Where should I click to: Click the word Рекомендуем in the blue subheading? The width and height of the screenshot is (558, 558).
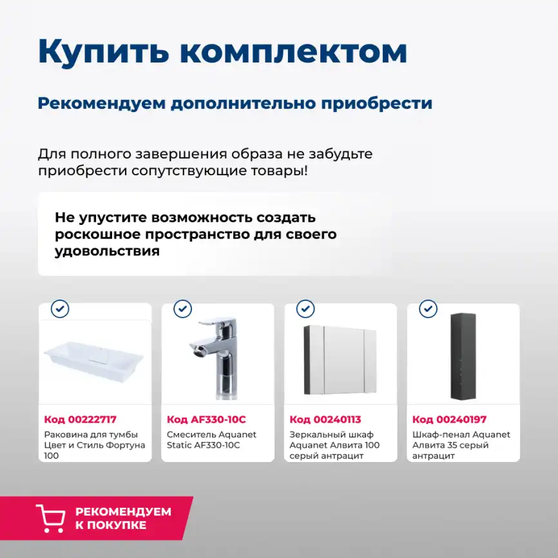coord(101,103)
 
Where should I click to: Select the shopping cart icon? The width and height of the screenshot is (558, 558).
coord(50,519)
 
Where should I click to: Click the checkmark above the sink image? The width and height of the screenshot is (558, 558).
coord(60,309)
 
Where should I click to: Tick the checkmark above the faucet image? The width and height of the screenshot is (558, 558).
coord(182,309)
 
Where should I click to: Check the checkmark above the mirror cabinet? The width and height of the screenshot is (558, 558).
coord(305,309)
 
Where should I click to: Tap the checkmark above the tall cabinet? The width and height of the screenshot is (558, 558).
coord(428,309)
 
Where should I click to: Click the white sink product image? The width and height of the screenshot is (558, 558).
coord(95,358)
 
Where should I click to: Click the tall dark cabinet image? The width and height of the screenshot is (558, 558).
coord(463,356)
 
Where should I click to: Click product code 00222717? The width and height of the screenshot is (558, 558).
coord(81,419)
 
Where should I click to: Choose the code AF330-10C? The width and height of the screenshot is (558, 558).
coord(206,419)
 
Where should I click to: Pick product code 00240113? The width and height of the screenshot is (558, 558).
coord(325,419)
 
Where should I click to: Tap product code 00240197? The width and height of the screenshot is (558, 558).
coord(449,419)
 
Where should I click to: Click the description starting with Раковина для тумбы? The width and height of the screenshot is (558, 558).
coord(95,445)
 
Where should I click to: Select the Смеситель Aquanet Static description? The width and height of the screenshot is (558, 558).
coord(211,440)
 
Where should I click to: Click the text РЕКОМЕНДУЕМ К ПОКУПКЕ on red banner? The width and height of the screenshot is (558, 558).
coord(123,519)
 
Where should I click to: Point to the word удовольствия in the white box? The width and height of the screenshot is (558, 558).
coord(107,251)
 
